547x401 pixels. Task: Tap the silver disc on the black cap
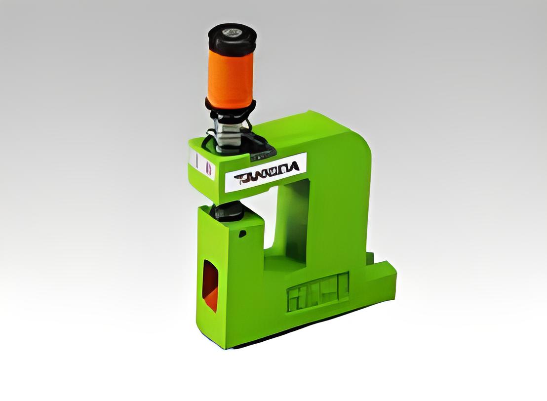point(231,32)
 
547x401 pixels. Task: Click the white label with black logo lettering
point(266,173)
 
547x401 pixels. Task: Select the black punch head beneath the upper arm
point(228,211)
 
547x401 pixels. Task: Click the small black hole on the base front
point(242,233)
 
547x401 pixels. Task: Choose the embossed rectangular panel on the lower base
point(318,291)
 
